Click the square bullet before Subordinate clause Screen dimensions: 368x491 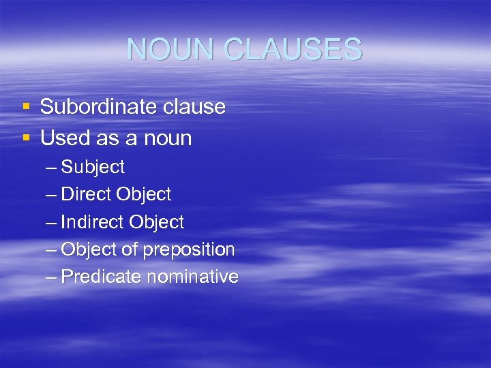tap(26, 107)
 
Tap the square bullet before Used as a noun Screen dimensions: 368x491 tap(26, 138)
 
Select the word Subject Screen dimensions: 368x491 tap(93, 167)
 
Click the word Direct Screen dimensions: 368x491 tap(87, 194)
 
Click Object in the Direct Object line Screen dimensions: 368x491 tap(144, 194)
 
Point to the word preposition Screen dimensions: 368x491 tap(188, 250)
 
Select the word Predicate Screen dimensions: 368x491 tap(100, 277)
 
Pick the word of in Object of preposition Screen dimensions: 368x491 tap(129, 250)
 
